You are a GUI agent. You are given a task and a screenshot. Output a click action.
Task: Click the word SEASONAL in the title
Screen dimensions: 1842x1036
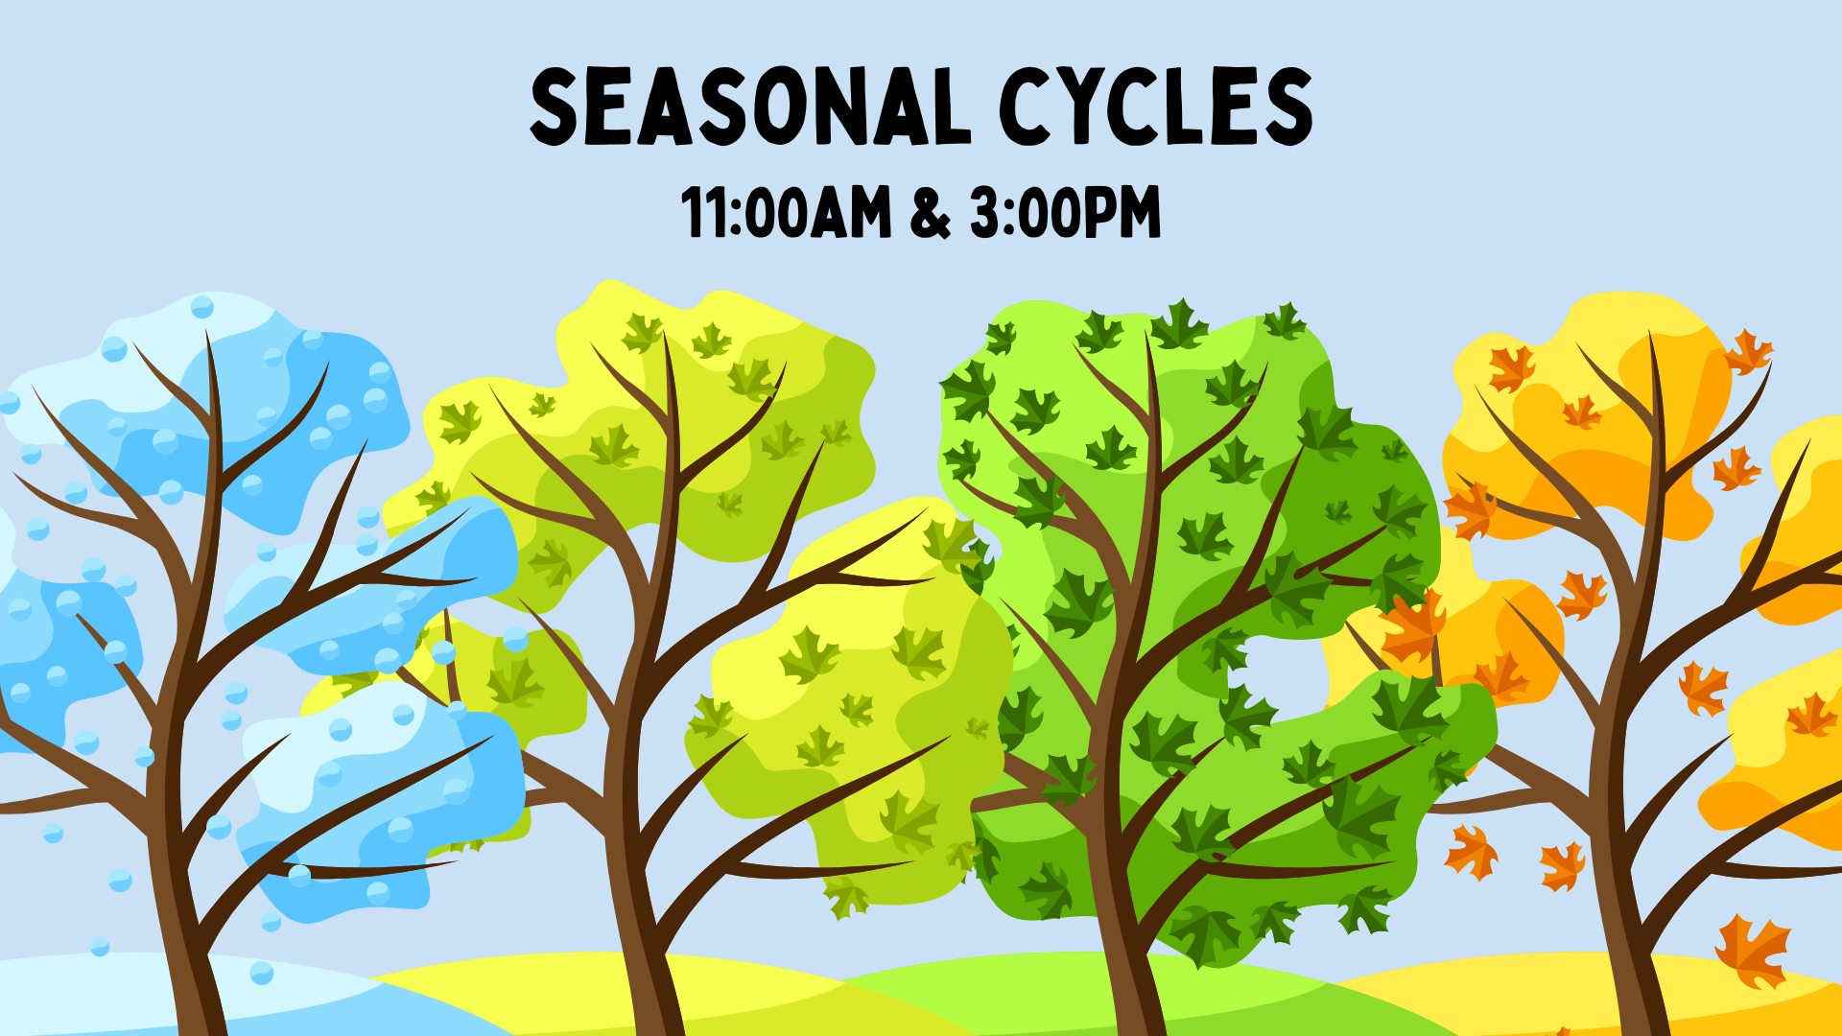(x=751, y=107)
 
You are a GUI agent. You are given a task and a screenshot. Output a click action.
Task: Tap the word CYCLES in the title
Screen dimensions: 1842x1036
(x=1156, y=107)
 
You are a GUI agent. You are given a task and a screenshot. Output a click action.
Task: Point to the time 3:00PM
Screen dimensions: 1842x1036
(x=1065, y=212)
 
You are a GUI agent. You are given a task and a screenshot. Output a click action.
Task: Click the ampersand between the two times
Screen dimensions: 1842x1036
(x=931, y=213)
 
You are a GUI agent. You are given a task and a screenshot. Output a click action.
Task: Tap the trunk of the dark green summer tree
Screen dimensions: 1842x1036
(x=1122, y=863)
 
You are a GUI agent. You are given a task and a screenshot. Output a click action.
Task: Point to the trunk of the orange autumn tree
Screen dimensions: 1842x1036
(x=1621, y=863)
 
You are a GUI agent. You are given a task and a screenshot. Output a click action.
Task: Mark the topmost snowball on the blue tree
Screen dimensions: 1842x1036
(x=202, y=307)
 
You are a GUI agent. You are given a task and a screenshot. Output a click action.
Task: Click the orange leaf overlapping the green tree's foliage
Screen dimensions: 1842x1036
(x=1412, y=625)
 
